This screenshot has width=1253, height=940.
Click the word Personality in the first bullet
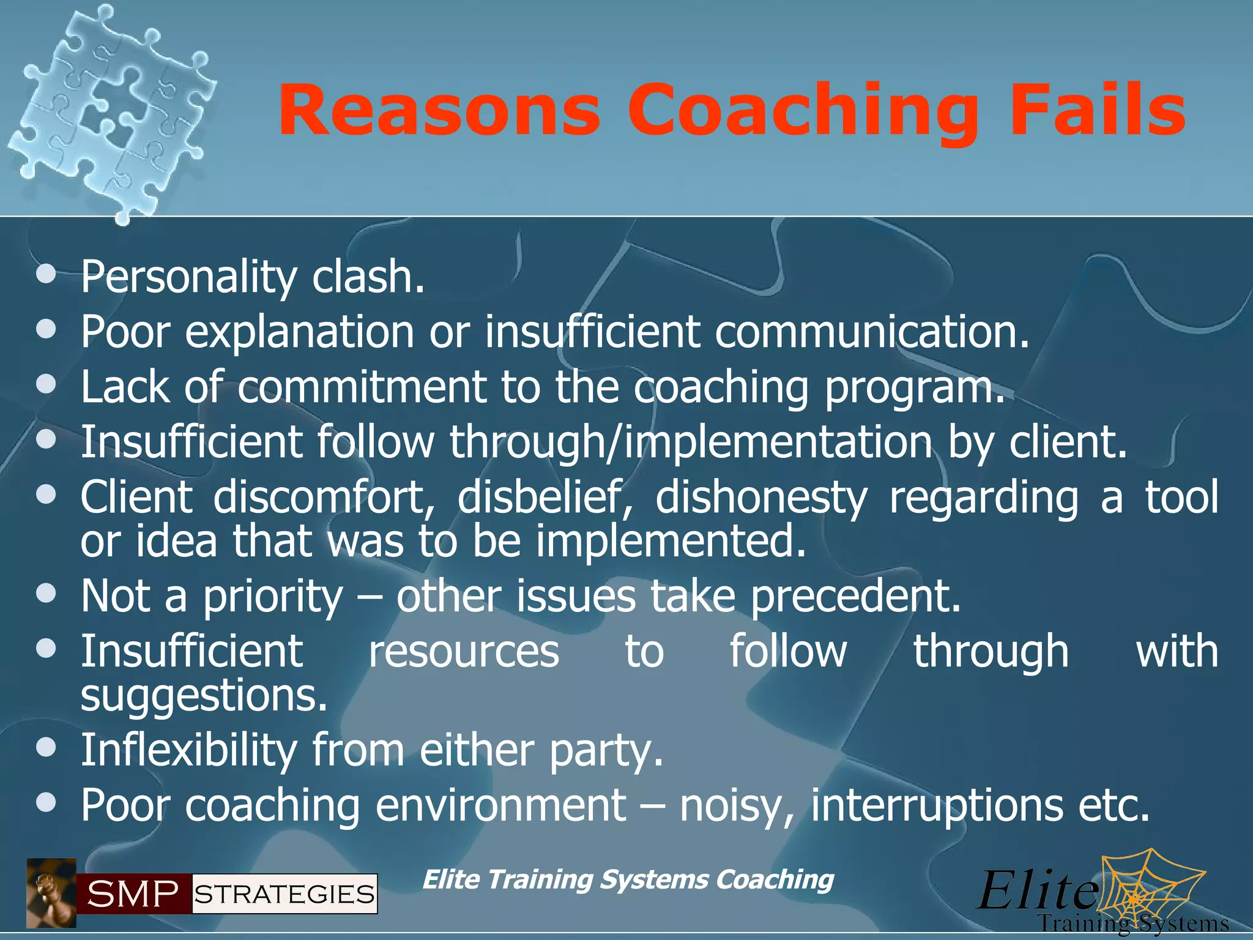pyautogui.click(x=189, y=277)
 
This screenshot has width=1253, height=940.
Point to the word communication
pyautogui.click(x=872, y=332)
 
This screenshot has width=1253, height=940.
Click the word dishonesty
pyautogui.click(x=761, y=497)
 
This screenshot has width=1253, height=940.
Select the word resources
pyautogui.click(x=463, y=651)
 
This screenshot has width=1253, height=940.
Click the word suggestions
pyautogui.click(x=204, y=696)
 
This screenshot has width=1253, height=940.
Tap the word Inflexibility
pyautogui.click(x=189, y=750)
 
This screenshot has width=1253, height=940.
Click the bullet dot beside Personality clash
pyautogui.click(x=46, y=274)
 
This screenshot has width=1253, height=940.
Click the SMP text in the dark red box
pyautogui.click(x=133, y=894)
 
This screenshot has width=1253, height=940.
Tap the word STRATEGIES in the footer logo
pyautogui.click(x=284, y=894)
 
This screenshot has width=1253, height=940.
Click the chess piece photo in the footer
pyautogui.click(x=51, y=893)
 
